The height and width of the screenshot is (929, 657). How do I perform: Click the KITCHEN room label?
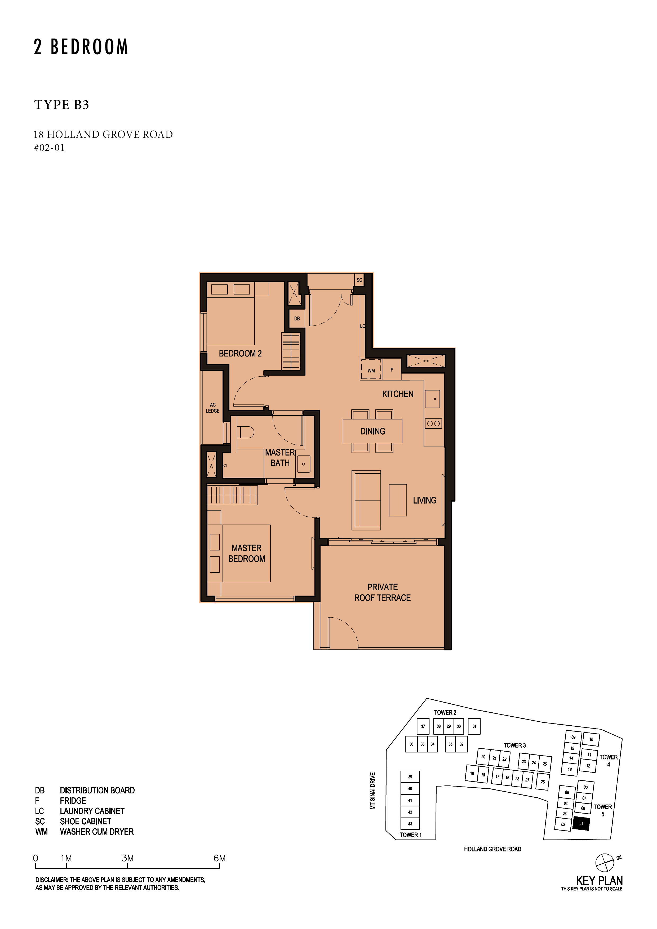[398, 394]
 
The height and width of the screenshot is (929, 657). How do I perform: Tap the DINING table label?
[372, 431]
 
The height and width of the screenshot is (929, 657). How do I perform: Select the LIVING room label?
[425, 501]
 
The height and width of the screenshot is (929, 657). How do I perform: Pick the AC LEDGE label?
[212, 408]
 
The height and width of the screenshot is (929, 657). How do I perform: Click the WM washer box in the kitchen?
[371, 369]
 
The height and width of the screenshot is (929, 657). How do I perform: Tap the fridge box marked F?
[392, 369]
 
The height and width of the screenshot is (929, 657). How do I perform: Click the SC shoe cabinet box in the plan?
[359, 280]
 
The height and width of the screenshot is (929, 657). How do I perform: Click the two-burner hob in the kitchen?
[433, 424]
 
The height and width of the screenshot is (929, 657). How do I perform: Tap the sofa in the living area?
[366, 500]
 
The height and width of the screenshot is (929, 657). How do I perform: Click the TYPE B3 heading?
[61, 105]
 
